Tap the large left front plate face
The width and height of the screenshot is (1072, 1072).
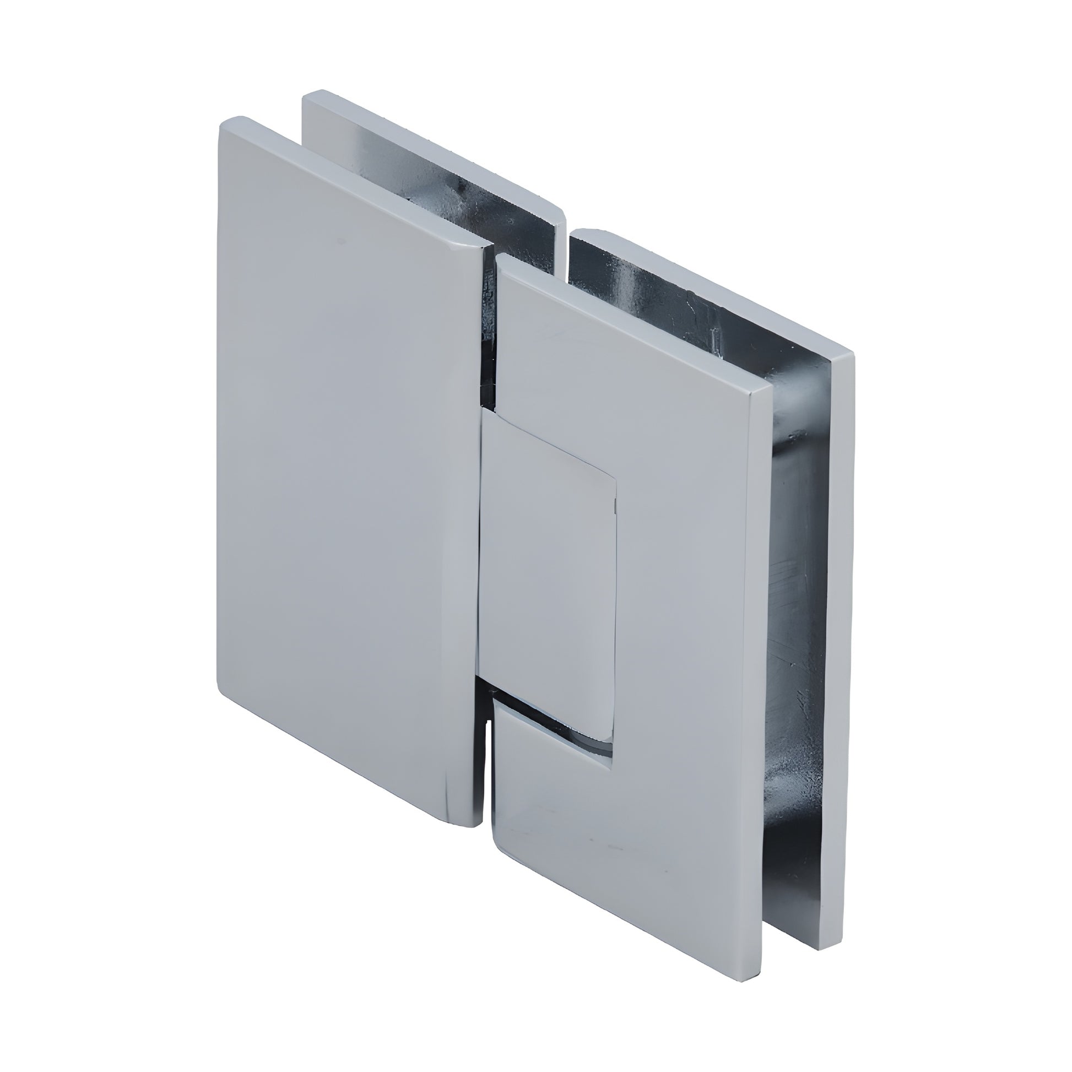coord(344,472)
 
